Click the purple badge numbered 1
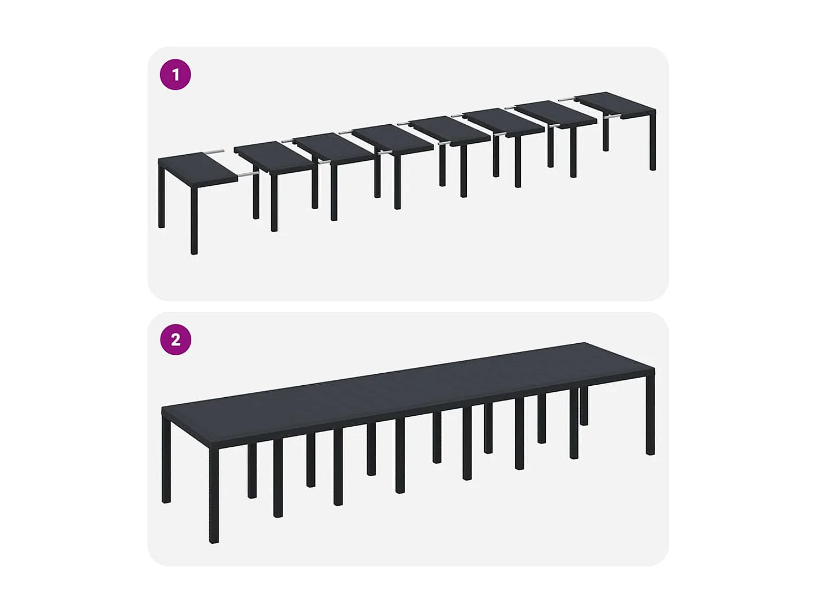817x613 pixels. coord(175,75)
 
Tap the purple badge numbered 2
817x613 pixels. coord(175,339)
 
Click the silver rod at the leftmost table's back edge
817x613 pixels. coord(214,151)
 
